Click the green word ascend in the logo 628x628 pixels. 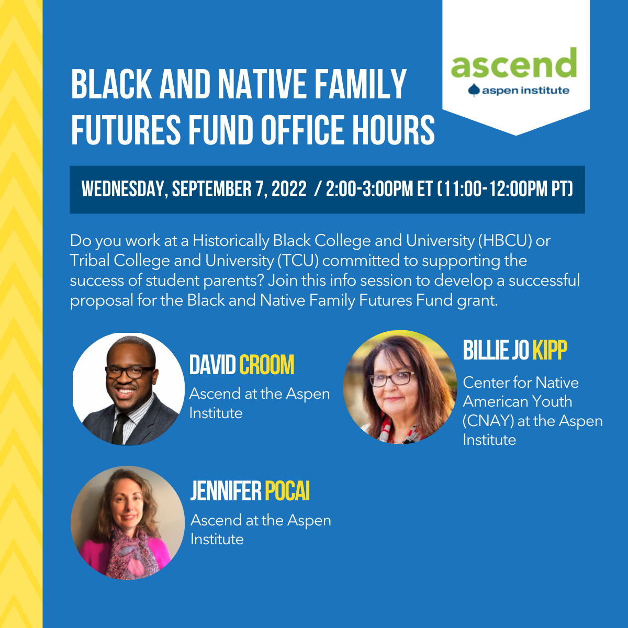(513, 63)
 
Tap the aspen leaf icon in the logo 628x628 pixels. (474, 90)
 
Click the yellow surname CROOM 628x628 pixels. (266, 365)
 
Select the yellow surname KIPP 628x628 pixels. (550, 350)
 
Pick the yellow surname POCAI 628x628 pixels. (287, 491)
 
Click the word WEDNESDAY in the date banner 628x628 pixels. (125, 189)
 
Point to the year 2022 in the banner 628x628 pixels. (289, 189)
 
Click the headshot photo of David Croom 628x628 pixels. (128, 389)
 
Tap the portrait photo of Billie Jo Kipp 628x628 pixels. (400, 387)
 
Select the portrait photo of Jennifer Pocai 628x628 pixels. (127, 523)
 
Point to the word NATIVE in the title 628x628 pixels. (262, 84)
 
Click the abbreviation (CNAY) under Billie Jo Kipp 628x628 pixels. (488, 421)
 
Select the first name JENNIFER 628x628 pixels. (226, 491)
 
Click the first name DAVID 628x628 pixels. (212, 365)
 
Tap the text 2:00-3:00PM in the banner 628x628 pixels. (369, 189)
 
